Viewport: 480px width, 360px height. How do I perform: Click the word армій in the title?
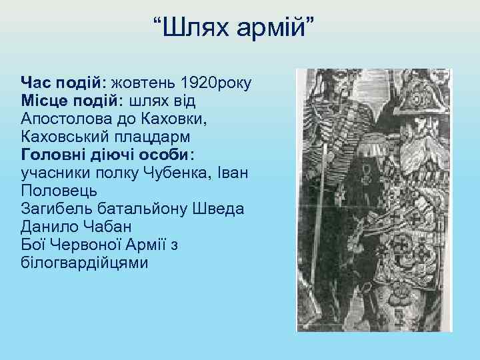pos(269,28)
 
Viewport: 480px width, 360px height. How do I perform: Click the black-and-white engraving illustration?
pos(374,200)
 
